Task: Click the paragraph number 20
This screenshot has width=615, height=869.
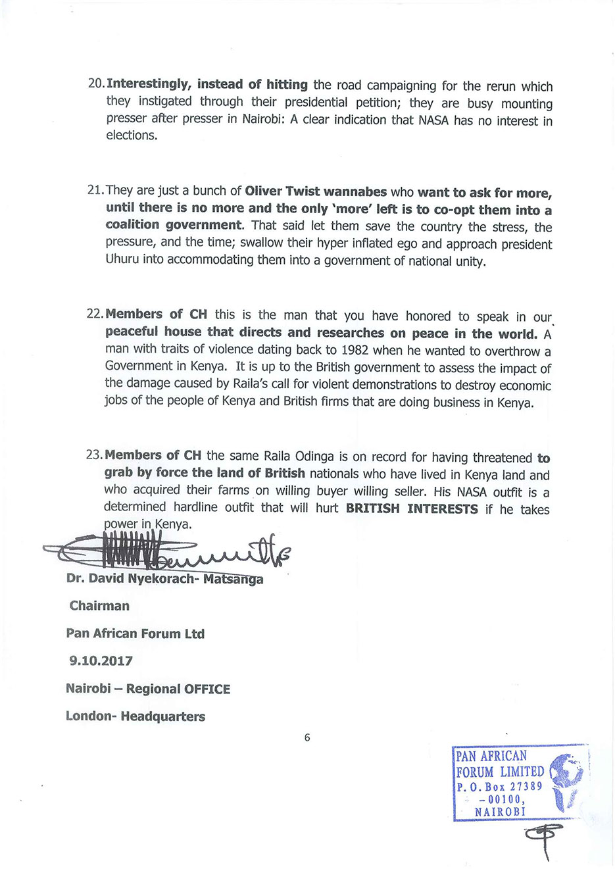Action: (95, 84)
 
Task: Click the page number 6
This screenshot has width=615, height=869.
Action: (307, 737)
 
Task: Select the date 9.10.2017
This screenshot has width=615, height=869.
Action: (101, 660)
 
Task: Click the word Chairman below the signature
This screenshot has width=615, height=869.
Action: (99, 605)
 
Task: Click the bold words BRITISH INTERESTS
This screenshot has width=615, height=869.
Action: (412, 509)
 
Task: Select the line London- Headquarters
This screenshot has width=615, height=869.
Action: (135, 716)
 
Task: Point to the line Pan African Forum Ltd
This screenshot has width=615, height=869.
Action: (135, 633)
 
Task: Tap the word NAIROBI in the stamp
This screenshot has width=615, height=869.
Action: (500, 812)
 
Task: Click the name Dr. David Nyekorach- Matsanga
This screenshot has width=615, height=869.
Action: (164, 579)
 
